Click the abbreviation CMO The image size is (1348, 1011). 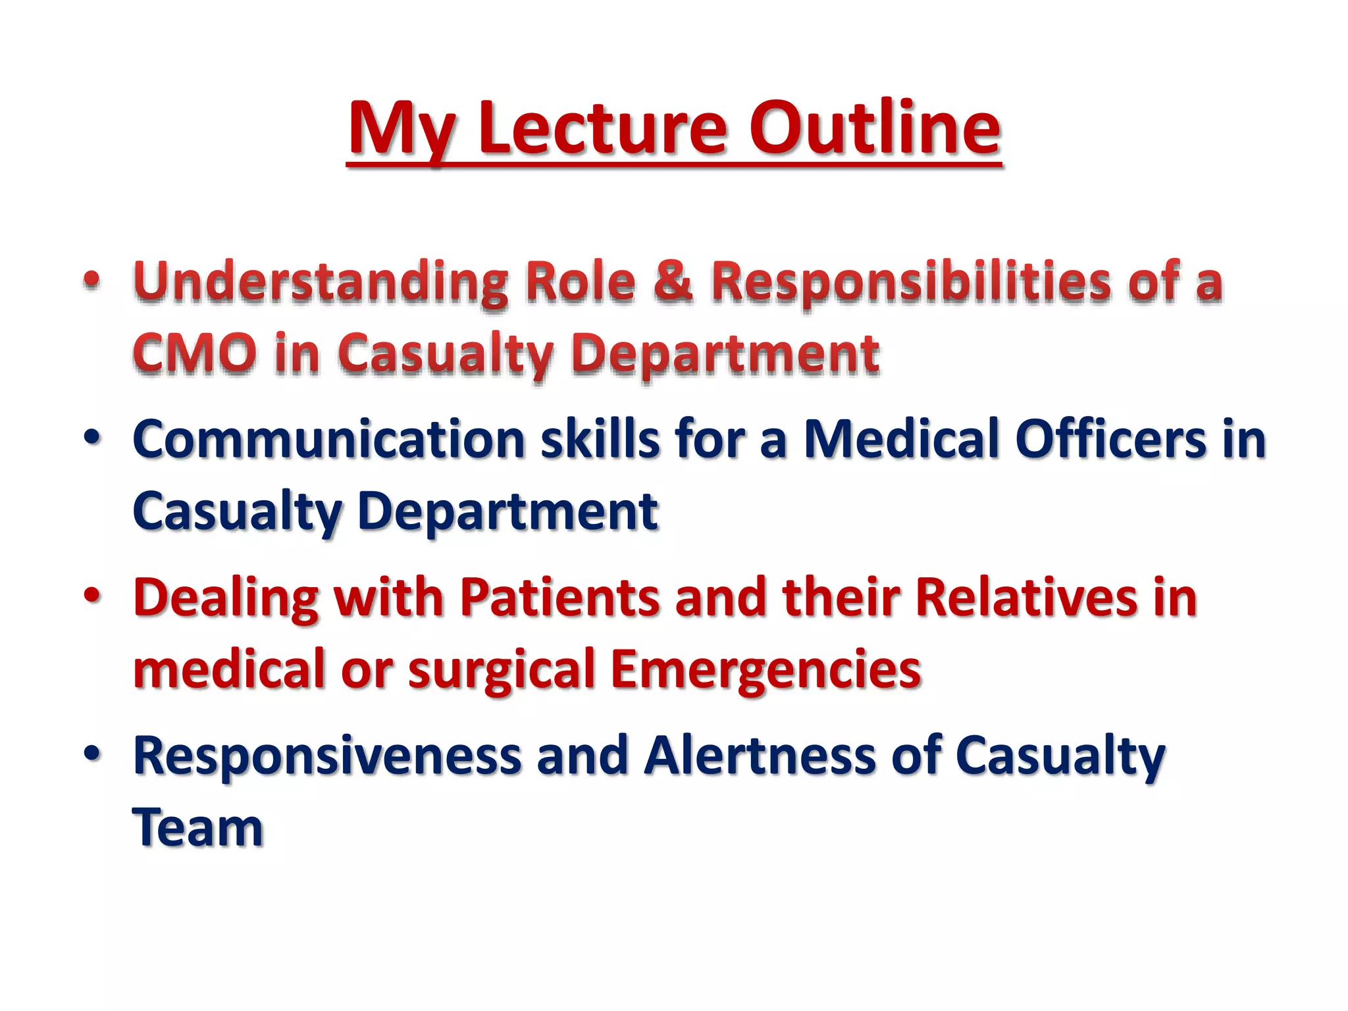point(195,353)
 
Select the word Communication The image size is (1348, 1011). point(328,440)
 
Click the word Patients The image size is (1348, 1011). point(559,598)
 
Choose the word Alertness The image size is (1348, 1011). point(760,756)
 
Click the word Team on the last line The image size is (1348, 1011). point(197,828)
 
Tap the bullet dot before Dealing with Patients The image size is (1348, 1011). point(92,594)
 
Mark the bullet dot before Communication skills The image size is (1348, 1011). point(92,436)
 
